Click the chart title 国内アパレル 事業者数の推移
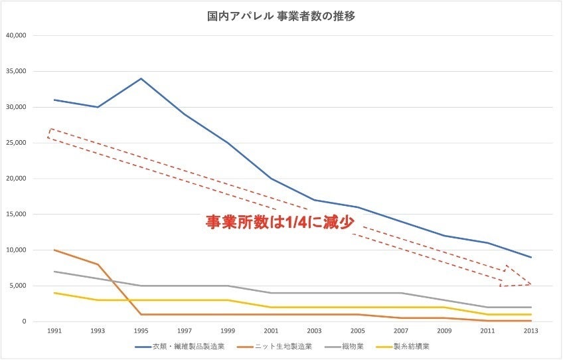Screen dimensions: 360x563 pyautogui.click(x=281, y=17)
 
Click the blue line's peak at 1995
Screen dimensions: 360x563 pyautogui.click(x=141, y=78)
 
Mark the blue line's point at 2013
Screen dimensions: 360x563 pyautogui.click(x=531, y=257)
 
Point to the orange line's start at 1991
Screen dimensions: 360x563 pyautogui.click(x=54, y=250)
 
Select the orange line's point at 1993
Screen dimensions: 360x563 pyautogui.click(x=98, y=264)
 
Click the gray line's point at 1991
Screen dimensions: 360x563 pyautogui.click(x=54, y=271)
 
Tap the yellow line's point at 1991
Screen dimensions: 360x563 pyautogui.click(x=54, y=293)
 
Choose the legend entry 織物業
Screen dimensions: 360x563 pyautogui.click(x=348, y=347)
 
